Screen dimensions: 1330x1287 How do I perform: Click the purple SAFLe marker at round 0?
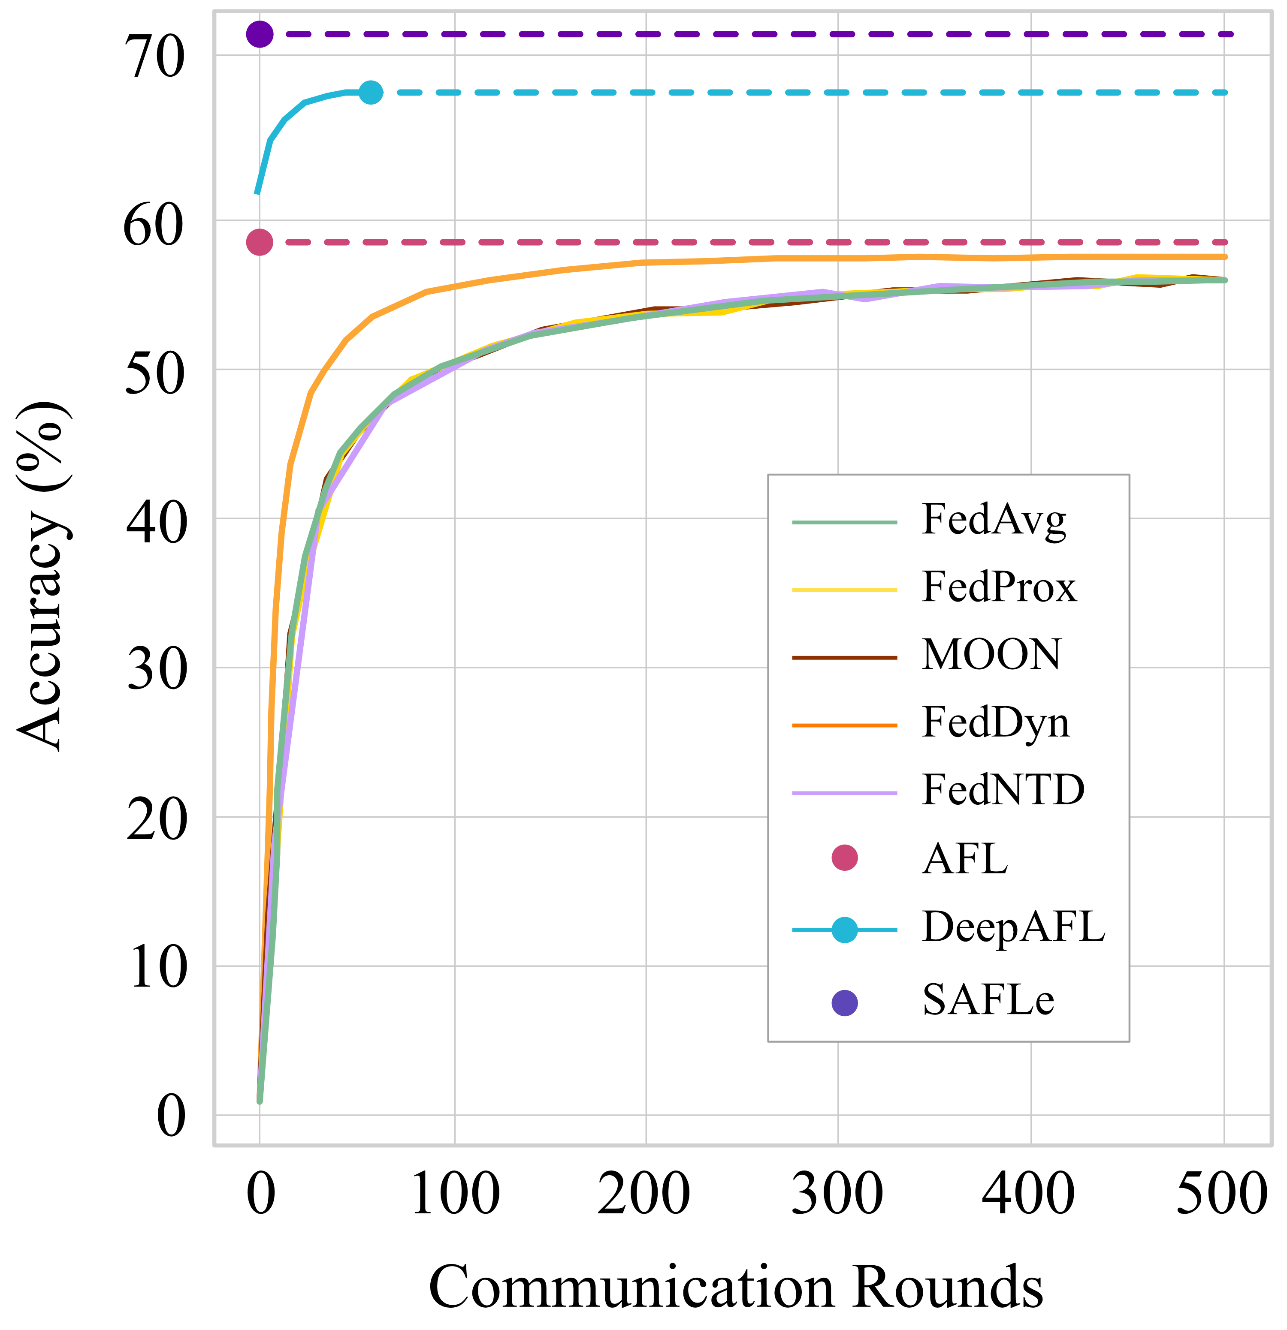pyautogui.click(x=259, y=33)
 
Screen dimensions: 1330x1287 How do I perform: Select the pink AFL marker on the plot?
pyautogui.click(x=259, y=241)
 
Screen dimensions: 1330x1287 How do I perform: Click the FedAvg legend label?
pyautogui.click(x=993, y=521)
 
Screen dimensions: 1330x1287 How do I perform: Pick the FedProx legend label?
pyautogui.click(x=999, y=588)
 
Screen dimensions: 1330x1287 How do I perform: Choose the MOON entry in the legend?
pyautogui.click(x=991, y=656)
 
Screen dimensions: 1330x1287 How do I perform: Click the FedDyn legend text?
pyautogui.click(x=995, y=723)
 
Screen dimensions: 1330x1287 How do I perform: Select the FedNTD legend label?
pyautogui.click(x=1003, y=791)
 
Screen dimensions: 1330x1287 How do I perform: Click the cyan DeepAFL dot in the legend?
pyautogui.click(x=844, y=930)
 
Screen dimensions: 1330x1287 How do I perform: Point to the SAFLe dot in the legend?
pyautogui.click(x=844, y=1002)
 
